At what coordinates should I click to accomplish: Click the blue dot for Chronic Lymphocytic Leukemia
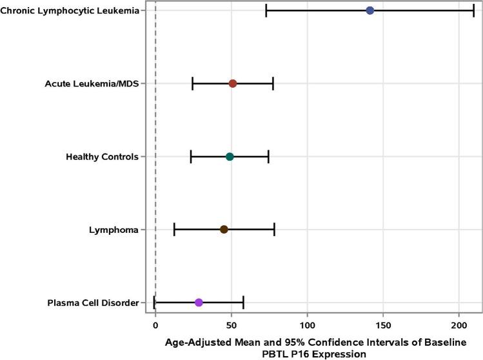click(x=370, y=10)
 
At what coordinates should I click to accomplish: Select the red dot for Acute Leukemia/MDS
click(x=233, y=84)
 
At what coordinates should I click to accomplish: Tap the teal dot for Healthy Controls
click(x=230, y=157)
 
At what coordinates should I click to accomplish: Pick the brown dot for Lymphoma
click(x=224, y=230)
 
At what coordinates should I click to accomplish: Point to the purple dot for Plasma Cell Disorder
click(x=199, y=303)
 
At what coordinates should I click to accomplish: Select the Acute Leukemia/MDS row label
click(x=92, y=84)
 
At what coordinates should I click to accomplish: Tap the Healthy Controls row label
click(x=102, y=157)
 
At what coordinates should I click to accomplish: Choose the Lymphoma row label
click(x=115, y=230)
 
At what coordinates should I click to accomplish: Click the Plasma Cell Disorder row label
click(x=93, y=303)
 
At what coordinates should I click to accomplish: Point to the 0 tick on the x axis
click(x=155, y=325)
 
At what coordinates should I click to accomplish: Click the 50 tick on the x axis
click(x=232, y=325)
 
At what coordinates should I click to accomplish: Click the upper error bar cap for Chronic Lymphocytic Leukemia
click(x=474, y=10)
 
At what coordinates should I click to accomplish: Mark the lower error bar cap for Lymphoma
click(x=174, y=230)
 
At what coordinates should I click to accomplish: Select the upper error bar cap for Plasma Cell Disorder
click(x=243, y=303)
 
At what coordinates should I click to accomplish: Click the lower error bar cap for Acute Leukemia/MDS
click(x=193, y=84)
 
